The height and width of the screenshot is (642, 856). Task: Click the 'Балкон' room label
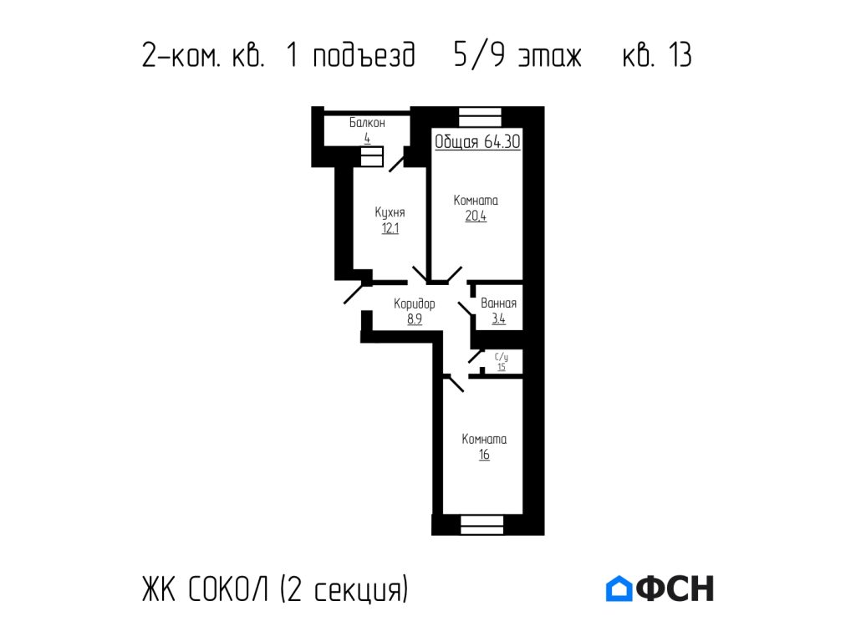pyautogui.click(x=367, y=123)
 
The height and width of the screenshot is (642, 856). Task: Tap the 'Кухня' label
pyautogui.click(x=390, y=212)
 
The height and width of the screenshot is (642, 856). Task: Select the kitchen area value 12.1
pyautogui.click(x=390, y=228)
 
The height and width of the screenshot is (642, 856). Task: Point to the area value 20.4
pyautogui.click(x=476, y=217)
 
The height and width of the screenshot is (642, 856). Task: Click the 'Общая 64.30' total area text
pyautogui.click(x=477, y=142)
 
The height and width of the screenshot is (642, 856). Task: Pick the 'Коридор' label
pyautogui.click(x=415, y=303)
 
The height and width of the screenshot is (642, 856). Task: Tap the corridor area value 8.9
pyautogui.click(x=414, y=318)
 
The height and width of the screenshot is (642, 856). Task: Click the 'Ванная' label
pyautogui.click(x=498, y=303)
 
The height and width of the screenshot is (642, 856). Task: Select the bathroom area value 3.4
pyautogui.click(x=498, y=318)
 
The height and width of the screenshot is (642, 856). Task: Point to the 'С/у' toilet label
pyautogui.click(x=502, y=357)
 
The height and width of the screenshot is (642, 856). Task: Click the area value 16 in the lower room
pyautogui.click(x=484, y=455)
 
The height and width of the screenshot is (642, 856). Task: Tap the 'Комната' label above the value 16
pyautogui.click(x=485, y=439)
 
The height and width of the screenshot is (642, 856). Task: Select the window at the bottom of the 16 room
pyautogui.click(x=482, y=525)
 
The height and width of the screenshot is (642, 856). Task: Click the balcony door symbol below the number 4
pyautogui.click(x=372, y=157)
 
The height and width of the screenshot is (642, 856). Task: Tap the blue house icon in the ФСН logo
pyautogui.click(x=618, y=588)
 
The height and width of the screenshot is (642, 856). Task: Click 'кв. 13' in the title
pyautogui.click(x=657, y=56)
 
